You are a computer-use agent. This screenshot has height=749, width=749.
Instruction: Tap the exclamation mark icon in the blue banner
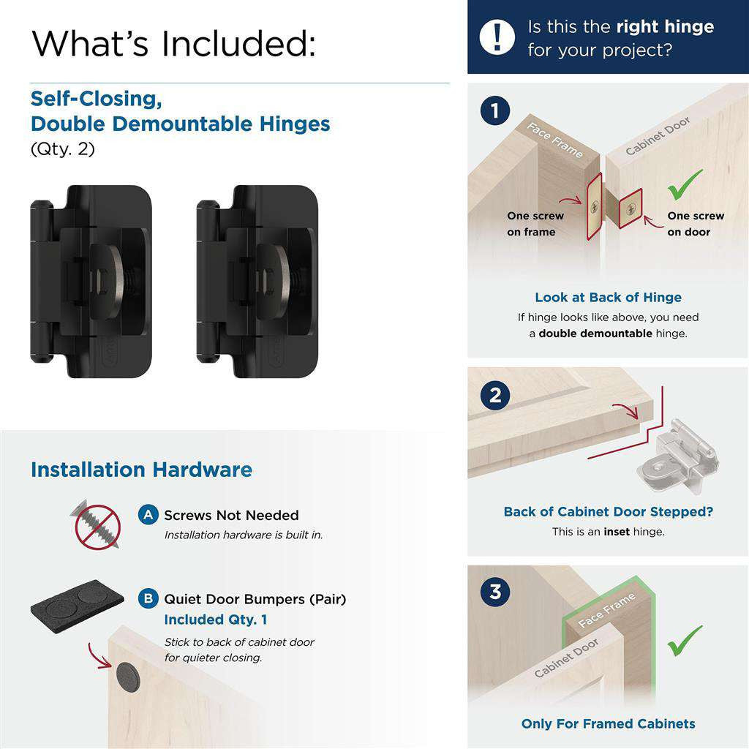497,37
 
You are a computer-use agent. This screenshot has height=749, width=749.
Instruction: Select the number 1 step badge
495,111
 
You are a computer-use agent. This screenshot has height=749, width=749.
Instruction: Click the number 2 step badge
495,396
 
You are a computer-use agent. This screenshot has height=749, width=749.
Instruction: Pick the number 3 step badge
495,591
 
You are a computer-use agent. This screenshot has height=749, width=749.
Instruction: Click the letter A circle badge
148,515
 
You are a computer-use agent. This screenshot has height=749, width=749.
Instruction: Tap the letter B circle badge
148,599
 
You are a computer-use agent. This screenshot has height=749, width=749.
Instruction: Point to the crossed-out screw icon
97,524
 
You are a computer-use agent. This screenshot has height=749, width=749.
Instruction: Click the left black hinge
91,282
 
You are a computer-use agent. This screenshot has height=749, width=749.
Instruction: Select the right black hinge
257,282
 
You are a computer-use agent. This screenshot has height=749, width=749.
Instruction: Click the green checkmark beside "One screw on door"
685,184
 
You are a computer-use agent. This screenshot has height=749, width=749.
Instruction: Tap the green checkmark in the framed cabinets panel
685,640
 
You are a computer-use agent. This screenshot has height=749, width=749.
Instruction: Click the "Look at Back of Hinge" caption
608,297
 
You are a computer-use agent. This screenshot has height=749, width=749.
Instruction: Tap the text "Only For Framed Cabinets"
608,723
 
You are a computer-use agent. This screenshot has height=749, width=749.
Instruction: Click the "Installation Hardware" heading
141,470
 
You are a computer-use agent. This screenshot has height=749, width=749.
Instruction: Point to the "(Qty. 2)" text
63,148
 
